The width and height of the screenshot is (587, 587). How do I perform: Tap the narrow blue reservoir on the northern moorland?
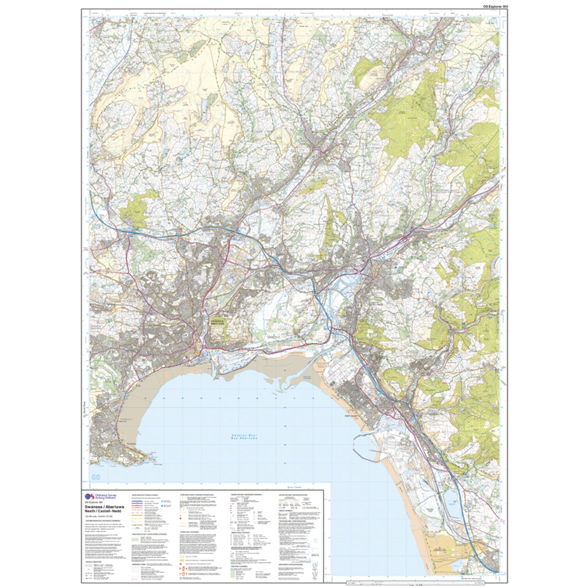click(203, 106)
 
